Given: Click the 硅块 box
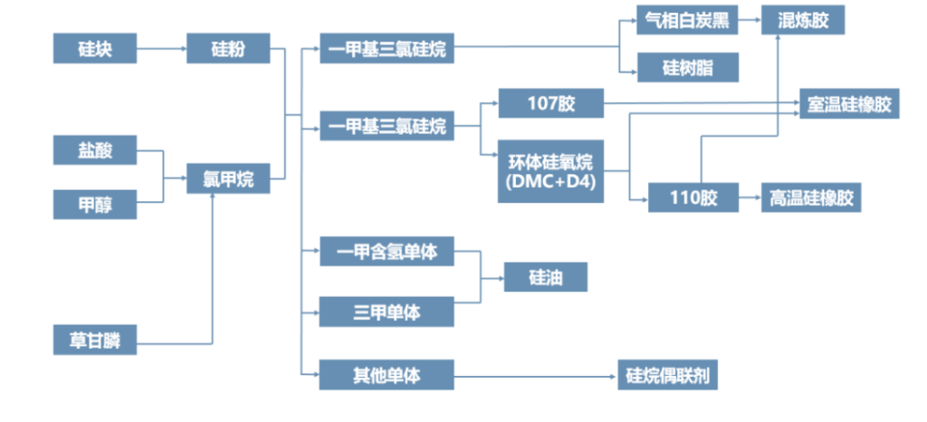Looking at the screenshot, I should [x=95, y=48].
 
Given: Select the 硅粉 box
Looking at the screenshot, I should [x=227, y=48].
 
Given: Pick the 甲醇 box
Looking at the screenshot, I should [x=95, y=205].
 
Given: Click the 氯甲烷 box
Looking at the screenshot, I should [x=227, y=178].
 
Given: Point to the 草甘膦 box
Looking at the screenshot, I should [x=95, y=340].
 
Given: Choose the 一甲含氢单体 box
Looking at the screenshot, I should [x=387, y=252].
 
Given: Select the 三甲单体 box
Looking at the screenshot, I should [x=387, y=312].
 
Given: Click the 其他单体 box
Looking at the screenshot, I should [x=387, y=373].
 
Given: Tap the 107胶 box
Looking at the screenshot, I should [x=550, y=103].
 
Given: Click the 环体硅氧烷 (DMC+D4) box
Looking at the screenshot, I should [x=550, y=171].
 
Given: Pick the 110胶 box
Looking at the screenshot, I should [x=693, y=197].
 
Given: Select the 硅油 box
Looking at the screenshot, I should [x=546, y=277].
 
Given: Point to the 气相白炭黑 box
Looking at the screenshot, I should [x=687, y=20].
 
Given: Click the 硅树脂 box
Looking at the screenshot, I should [x=687, y=67].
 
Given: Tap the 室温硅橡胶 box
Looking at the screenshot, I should [x=849, y=103].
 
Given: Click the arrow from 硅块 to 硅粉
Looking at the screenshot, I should [x=162, y=48].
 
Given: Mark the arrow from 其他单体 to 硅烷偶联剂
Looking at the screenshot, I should [x=535, y=373].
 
